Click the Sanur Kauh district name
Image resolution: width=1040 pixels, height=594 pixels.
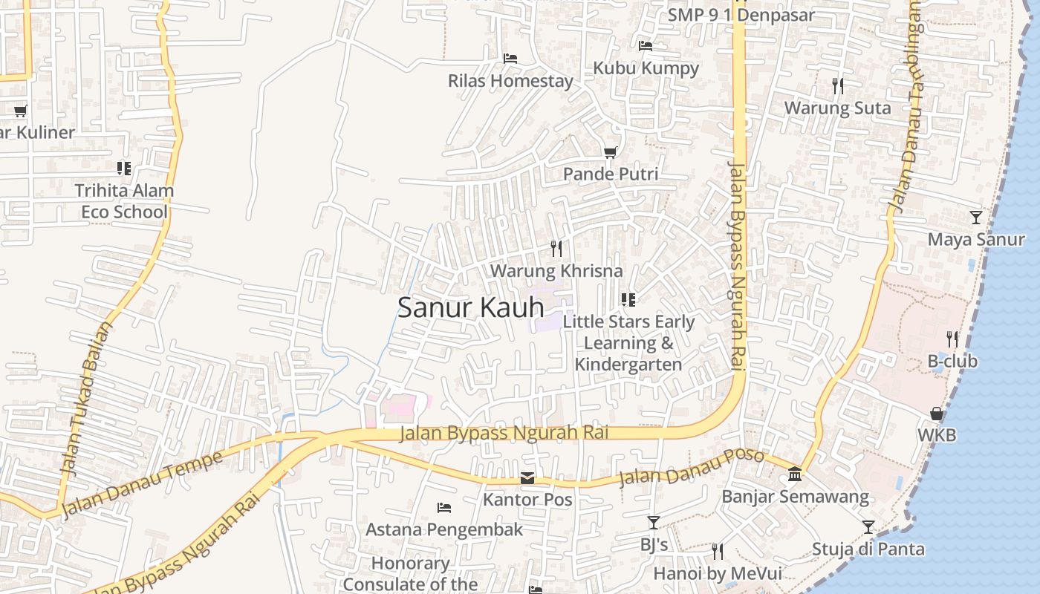tap(471, 307)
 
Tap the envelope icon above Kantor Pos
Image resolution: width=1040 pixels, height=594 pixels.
tap(527, 477)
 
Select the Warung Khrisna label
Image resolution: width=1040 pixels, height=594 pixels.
tap(556, 270)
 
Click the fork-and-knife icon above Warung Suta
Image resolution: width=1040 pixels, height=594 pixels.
tap(838, 86)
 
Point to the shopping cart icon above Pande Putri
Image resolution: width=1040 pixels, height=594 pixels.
tap(611, 152)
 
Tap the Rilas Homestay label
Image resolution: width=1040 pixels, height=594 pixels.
tap(510, 81)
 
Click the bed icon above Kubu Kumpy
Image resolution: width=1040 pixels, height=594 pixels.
tap(646, 46)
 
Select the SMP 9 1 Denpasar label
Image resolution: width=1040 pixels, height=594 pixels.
tap(741, 15)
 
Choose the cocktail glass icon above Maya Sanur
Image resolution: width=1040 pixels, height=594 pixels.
tap(976, 218)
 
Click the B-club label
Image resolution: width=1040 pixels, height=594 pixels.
tap(952, 362)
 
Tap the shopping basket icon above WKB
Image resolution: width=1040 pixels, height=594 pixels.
tap(937, 414)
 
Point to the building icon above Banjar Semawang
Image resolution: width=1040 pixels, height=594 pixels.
tap(795, 474)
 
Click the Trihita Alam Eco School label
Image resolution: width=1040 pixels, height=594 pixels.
tap(124, 201)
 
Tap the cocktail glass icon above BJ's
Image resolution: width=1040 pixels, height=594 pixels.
tap(654, 523)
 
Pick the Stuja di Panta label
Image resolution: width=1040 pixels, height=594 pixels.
tap(868, 549)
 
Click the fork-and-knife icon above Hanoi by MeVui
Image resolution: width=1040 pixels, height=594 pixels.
tap(718, 552)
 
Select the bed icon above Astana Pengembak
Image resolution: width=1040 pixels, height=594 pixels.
tap(444, 508)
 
